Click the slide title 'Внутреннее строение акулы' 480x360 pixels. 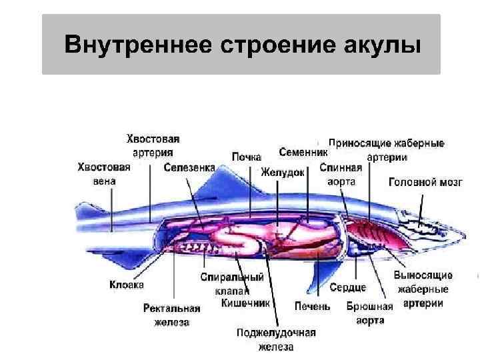241,45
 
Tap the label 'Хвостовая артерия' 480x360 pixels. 153,145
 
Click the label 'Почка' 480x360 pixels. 246,157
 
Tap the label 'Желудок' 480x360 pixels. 283,172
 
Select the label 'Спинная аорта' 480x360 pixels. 341,174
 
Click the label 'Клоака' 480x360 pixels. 127,285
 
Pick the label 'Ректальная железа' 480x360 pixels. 172,315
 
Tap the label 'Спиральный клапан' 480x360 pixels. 232,283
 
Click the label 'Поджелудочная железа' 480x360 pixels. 275,339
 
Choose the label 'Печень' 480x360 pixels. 312,306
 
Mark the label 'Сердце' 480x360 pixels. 348,287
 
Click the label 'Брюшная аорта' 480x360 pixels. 365,313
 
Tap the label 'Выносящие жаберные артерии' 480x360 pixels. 423,289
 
